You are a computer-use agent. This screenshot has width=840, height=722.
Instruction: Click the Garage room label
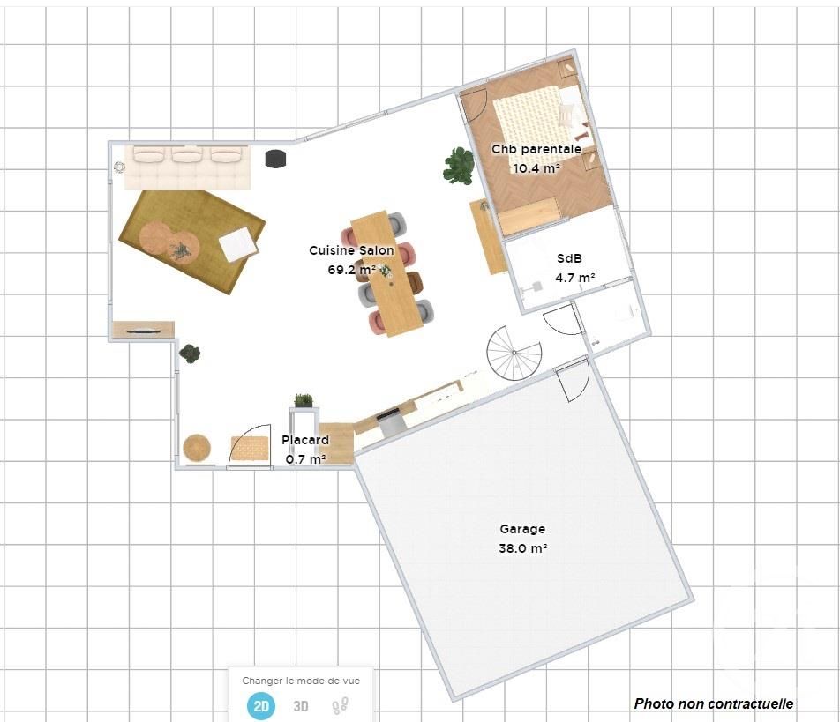pyautogui.click(x=522, y=529)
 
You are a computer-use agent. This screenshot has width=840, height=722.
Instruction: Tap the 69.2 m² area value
pyautogui.click(x=351, y=269)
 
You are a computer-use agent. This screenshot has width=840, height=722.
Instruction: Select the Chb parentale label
pyautogui.click(x=536, y=149)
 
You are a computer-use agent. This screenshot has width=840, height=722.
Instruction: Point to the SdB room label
pyautogui.click(x=569, y=258)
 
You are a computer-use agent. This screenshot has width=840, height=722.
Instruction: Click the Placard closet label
pyautogui.click(x=305, y=440)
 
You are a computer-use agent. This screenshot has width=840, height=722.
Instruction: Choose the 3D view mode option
pyautogui.click(x=301, y=706)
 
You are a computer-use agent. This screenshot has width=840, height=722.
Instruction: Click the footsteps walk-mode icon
pyautogui.click(x=341, y=706)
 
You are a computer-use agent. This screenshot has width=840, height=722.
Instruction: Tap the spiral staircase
pyautogui.click(x=514, y=353)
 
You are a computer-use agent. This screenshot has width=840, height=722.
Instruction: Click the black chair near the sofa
pyautogui.click(x=275, y=159)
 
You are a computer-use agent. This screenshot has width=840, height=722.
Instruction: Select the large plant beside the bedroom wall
pyautogui.click(x=459, y=166)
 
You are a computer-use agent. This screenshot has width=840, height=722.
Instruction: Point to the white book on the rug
pyautogui.click(x=238, y=244)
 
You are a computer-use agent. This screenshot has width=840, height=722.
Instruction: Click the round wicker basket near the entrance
pyautogui.click(x=197, y=448)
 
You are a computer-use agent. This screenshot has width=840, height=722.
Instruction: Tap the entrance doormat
pyautogui.click(x=250, y=448)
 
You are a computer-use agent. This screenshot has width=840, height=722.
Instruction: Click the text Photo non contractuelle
pyautogui.click(x=714, y=703)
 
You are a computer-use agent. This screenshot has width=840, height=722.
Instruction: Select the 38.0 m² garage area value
pyautogui.click(x=523, y=548)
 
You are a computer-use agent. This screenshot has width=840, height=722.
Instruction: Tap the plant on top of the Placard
pyautogui.click(x=304, y=400)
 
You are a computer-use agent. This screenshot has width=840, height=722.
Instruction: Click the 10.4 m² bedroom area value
pyautogui.click(x=536, y=168)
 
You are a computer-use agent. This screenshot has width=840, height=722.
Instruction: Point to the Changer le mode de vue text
pyautogui.click(x=301, y=681)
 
